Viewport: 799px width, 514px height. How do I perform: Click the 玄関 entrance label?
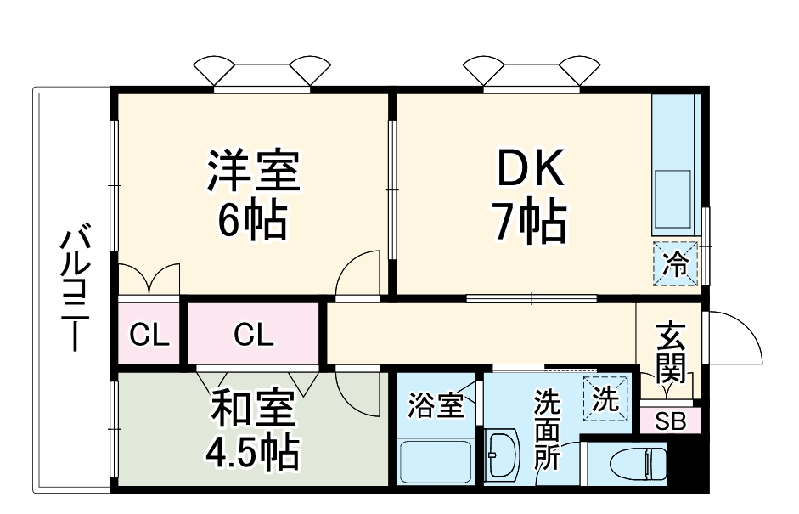pos(670,352)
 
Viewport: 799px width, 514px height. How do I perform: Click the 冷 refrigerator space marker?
pos(676,264)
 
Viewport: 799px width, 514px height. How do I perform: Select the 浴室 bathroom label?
pos(436,405)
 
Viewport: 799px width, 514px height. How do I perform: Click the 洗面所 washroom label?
pos(548,432)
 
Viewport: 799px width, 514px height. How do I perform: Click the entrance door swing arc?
pos(737,340)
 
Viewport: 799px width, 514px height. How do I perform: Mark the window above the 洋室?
pos(261,75)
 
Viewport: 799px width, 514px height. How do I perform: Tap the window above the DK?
pos(533,75)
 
